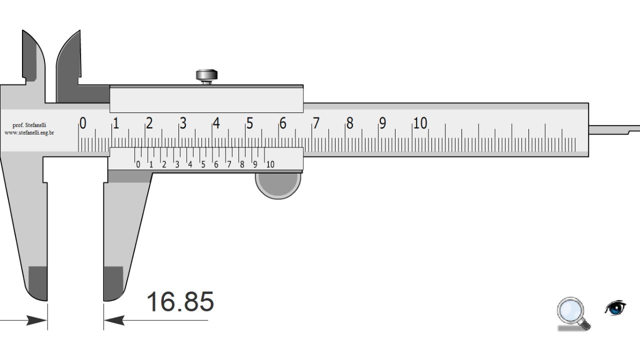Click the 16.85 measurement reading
pos(180,301)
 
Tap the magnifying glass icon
pos(573,313)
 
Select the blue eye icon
pos(615,308)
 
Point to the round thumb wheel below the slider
pos(278,185)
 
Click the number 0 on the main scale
pos(82,123)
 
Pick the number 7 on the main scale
pos(315,123)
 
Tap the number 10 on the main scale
pos(420,123)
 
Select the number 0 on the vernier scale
pos(138,164)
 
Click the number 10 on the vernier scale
pos(270,164)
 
